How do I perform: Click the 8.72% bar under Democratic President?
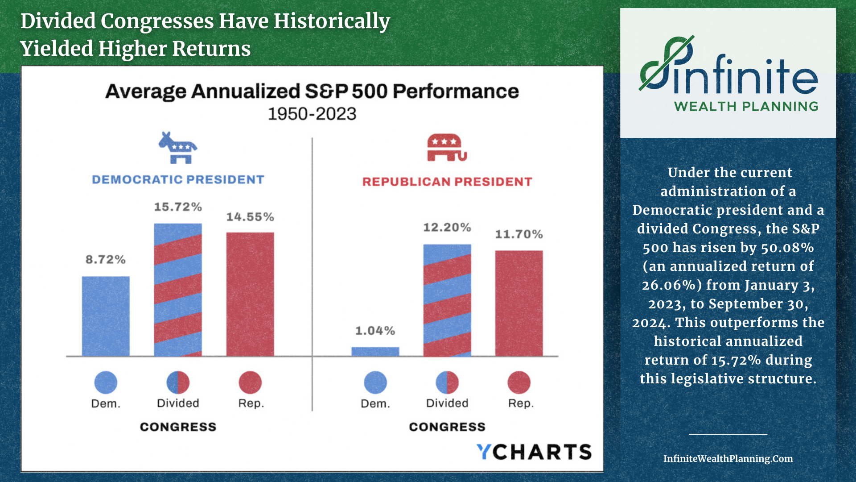point(106,316)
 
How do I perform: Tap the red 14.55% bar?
point(250,294)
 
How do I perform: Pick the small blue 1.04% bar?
point(375,351)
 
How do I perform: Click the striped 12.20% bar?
point(447,300)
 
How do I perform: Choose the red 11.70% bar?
point(519,303)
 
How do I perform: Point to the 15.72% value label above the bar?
point(178,207)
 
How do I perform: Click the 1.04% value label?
point(375,331)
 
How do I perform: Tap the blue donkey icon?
point(178,148)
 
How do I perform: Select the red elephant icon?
point(447,147)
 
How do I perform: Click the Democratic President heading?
point(178,179)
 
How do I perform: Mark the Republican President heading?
point(447,182)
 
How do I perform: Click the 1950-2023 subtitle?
point(312,114)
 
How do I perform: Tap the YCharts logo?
point(534,452)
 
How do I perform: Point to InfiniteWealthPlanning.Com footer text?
point(728,459)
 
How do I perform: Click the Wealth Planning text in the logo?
point(746,107)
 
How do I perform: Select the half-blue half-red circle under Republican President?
point(447,382)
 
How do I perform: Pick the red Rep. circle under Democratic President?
point(250,382)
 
